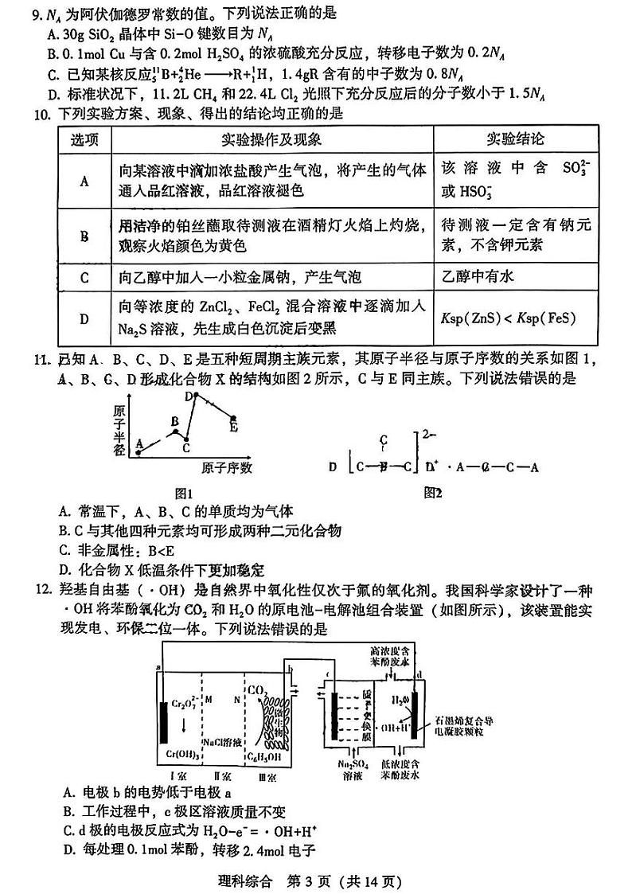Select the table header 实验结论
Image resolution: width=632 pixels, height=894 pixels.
pyautogui.click(x=516, y=139)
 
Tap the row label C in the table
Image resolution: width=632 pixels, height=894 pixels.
pyautogui.click(x=84, y=278)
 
